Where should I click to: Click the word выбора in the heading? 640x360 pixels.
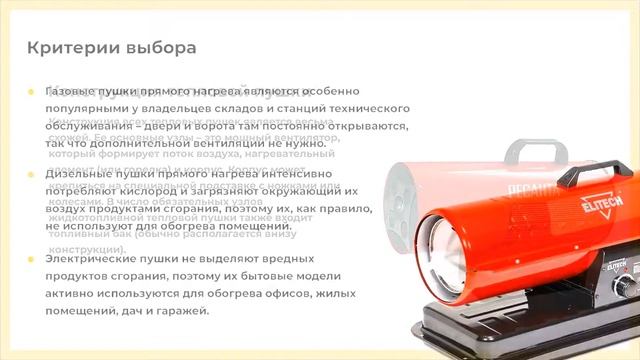click(154, 47)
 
